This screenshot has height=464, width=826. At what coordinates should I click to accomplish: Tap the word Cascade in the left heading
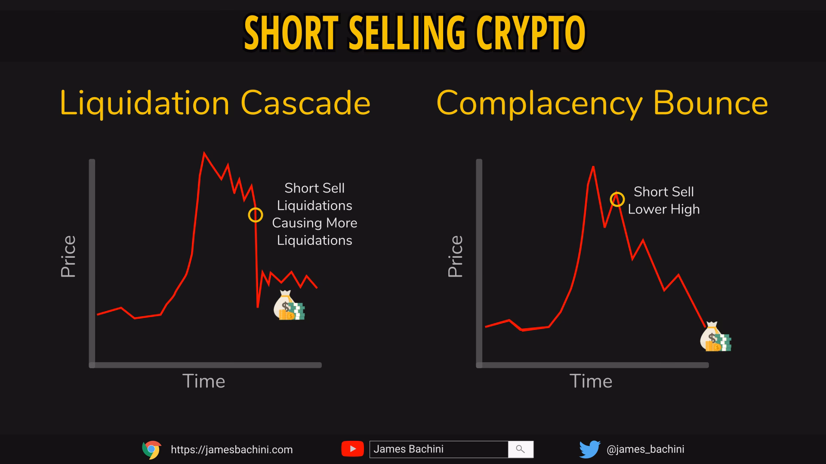(x=305, y=103)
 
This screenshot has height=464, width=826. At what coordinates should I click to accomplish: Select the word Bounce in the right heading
(x=710, y=103)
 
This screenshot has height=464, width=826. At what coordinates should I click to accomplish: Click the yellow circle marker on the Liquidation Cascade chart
(x=256, y=215)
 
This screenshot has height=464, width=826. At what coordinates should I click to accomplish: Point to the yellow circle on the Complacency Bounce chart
(x=617, y=199)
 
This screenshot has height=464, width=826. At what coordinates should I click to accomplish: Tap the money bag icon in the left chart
(x=289, y=306)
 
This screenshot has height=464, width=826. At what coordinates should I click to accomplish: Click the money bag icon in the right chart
(x=715, y=337)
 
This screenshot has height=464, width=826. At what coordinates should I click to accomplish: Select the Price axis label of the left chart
(x=68, y=256)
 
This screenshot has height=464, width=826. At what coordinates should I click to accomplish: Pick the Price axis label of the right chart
(x=456, y=256)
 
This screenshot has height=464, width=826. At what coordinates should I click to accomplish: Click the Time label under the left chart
(x=203, y=381)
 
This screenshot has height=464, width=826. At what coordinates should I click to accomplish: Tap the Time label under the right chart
(x=591, y=381)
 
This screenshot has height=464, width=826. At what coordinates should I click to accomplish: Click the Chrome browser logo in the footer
(x=151, y=450)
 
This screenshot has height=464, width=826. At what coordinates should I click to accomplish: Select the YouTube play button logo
(x=352, y=449)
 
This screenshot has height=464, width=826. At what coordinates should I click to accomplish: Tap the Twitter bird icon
(x=589, y=449)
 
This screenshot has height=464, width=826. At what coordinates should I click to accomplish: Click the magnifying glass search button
(x=521, y=449)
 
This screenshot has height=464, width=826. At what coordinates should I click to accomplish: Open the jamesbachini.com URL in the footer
(x=231, y=450)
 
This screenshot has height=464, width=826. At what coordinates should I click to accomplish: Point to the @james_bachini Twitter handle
(x=645, y=449)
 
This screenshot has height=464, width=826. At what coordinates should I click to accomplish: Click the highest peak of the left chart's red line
(x=204, y=153)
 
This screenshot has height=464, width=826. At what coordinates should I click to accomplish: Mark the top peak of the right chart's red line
(x=593, y=167)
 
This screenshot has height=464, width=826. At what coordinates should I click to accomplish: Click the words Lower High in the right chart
(x=663, y=209)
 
